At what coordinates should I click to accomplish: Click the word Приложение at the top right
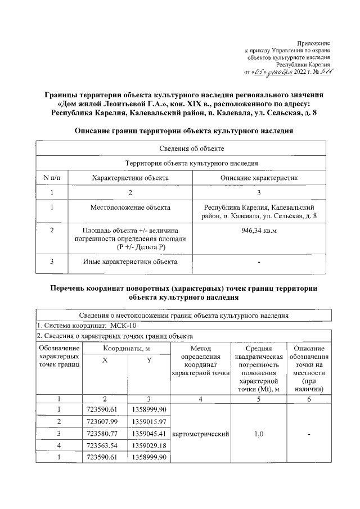(314, 43)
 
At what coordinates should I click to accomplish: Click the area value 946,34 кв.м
(259, 229)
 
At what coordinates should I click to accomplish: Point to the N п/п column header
(52, 178)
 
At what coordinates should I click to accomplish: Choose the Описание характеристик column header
(259, 178)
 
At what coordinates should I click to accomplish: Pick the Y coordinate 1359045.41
(149, 434)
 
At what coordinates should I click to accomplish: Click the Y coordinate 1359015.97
(149, 421)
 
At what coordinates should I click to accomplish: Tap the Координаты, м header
(126, 349)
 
